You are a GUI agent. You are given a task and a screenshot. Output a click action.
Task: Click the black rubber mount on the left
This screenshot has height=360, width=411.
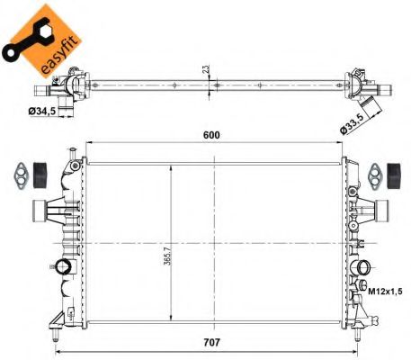tap(40, 173)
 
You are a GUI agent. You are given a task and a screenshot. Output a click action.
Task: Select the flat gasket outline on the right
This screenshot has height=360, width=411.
tap(375, 174)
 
